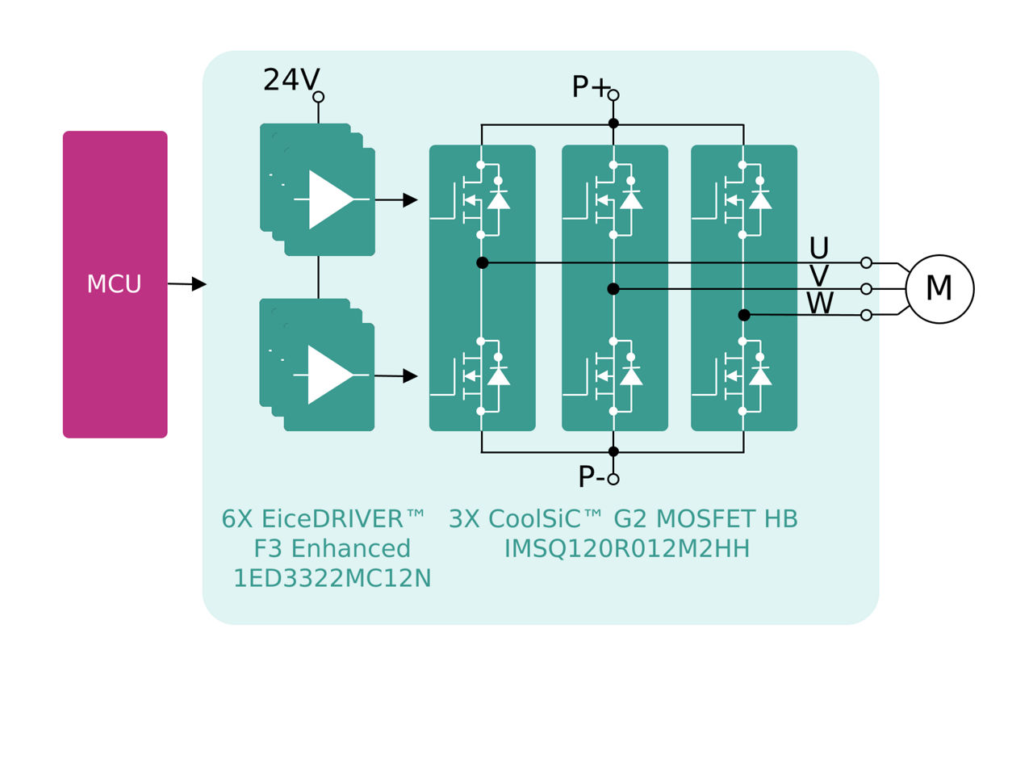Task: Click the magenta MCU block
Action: [115, 284]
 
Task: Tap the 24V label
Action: [291, 81]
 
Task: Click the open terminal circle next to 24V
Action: [319, 97]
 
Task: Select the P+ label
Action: [589, 87]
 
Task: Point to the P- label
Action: [591, 477]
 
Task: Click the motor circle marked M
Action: [939, 289]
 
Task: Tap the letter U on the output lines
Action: [818, 248]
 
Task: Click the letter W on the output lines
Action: [820, 304]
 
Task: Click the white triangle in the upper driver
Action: [329, 199]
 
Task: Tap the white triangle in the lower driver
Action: [328, 375]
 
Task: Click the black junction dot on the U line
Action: [483, 262]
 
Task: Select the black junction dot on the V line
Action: [613, 289]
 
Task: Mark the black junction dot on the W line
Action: [744, 315]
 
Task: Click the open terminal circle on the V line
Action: [866, 289]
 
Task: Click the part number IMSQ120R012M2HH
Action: [627, 549]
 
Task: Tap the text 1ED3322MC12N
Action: [332, 579]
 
